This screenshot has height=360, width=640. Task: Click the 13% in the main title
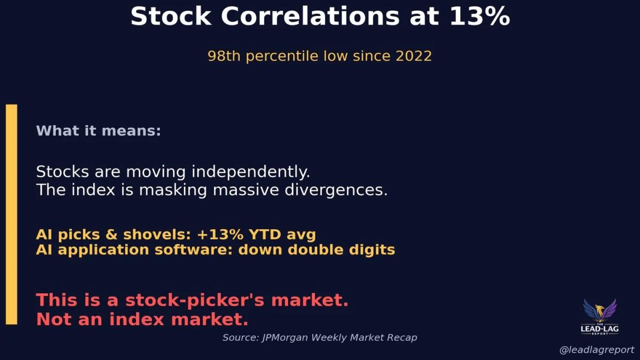click(x=479, y=16)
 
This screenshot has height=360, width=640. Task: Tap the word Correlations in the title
click(x=310, y=16)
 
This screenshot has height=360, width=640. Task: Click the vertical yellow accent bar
click(x=11, y=214)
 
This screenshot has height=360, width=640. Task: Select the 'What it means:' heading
click(x=99, y=131)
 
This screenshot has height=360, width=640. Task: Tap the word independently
click(x=251, y=172)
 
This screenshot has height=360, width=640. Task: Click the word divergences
click(x=336, y=190)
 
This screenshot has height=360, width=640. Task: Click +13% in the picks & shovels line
click(x=220, y=235)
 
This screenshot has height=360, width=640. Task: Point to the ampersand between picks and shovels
click(x=111, y=235)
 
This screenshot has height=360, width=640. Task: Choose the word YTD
click(x=265, y=235)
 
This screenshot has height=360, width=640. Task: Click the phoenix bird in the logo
click(x=599, y=310)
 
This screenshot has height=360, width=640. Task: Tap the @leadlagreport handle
click(x=597, y=350)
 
